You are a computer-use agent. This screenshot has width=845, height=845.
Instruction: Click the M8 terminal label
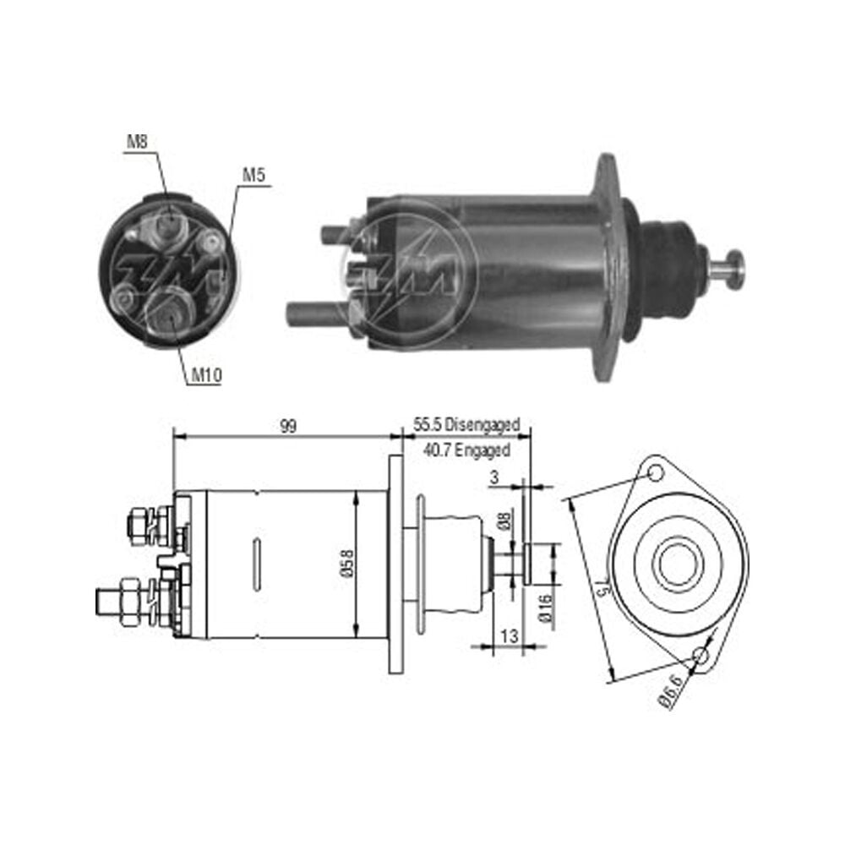[137, 142]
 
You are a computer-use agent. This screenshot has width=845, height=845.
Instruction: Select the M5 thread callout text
[254, 175]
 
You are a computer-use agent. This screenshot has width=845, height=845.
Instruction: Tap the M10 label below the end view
[207, 375]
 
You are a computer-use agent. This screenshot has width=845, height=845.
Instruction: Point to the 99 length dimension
[288, 426]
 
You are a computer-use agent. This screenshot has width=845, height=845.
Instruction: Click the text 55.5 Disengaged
[466, 425]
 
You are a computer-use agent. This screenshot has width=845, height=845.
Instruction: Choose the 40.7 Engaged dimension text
[466, 450]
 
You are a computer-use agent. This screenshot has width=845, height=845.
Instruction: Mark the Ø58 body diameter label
[347, 564]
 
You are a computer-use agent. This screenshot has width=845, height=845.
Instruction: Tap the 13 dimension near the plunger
[509, 636]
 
